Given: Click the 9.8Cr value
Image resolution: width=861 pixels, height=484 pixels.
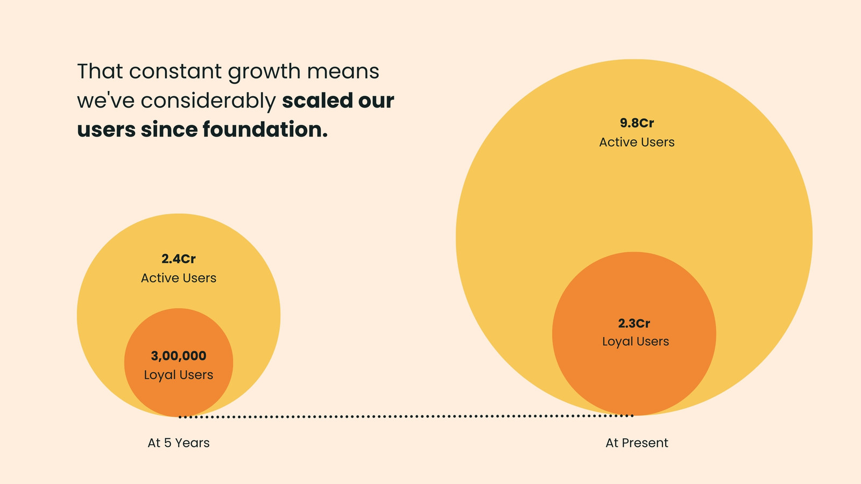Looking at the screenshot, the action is coord(637,123).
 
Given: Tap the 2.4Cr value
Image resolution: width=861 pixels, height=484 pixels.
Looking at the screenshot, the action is coord(178,259).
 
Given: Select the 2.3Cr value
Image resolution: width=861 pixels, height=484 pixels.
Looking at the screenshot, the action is coord(634,323).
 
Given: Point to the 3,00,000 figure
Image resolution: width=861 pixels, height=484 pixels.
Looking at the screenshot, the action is coord(178,356).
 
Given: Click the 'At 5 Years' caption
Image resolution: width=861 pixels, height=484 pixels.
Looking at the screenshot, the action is coord(178,443).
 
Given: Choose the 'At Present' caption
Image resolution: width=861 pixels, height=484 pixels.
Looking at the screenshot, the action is coord(637,443).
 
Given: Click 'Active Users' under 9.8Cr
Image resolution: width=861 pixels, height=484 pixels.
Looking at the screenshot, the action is coord(637,142).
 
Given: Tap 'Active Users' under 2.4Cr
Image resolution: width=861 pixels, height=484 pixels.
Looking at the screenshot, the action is coord(178,278).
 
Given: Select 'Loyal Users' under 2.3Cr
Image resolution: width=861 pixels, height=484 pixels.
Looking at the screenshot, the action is coord(636,341).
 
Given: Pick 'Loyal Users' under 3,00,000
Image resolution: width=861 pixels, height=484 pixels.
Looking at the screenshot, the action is coord(178,375).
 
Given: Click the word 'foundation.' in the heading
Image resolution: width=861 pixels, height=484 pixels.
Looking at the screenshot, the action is coord(265,129).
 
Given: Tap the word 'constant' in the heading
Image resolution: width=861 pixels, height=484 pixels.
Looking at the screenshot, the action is coord(175,72).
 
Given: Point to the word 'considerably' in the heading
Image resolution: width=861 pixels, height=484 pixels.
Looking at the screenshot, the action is coord(208,101).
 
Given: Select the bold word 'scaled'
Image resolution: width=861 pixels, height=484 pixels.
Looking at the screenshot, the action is coord(317,100).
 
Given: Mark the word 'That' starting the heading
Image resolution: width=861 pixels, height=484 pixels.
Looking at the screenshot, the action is coord(100,72).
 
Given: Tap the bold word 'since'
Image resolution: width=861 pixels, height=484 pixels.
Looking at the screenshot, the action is coord(169,129).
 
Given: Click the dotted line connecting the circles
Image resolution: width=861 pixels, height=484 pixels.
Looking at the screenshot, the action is coord(406,416).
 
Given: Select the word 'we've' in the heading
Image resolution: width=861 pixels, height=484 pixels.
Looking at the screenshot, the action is coord(105,101).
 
